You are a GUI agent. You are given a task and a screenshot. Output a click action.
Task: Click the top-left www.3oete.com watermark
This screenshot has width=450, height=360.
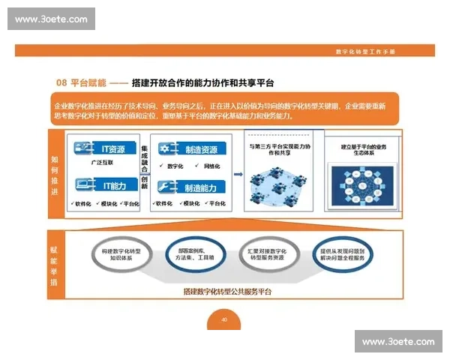pyautogui.click(x=51, y=19)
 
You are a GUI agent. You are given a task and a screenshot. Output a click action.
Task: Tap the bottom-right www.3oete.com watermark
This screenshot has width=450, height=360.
pyautogui.click(x=397, y=341)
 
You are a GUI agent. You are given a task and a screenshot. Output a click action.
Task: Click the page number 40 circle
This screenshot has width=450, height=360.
pyautogui.click(x=224, y=319)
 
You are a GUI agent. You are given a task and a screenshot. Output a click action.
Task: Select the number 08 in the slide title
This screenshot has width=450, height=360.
pyautogui.click(x=62, y=82)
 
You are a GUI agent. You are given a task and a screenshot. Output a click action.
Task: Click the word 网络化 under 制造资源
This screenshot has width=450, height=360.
pyautogui.click(x=211, y=166)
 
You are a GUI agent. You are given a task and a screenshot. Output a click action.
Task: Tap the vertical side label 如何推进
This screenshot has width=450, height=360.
pyautogui.click(x=55, y=173)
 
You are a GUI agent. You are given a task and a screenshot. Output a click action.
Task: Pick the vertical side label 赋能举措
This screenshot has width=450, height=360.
pyautogui.click(x=55, y=265)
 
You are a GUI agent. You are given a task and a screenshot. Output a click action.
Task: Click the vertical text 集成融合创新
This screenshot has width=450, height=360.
pyautogui.click(x=144, y=169)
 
